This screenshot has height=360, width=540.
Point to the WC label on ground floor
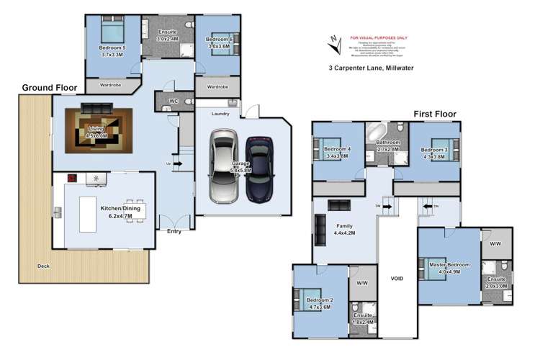click(x=174, y=101)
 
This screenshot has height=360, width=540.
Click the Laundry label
click(x=220, y=114)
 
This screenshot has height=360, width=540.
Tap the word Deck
click(x=45, y=266)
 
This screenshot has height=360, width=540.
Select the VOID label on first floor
click(x=397, y=279)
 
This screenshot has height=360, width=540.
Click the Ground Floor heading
click(x=49, y=87)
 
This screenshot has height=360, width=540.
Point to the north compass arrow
click(x=333, y=45)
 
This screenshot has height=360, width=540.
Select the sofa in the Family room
click(x=338, y=205)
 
